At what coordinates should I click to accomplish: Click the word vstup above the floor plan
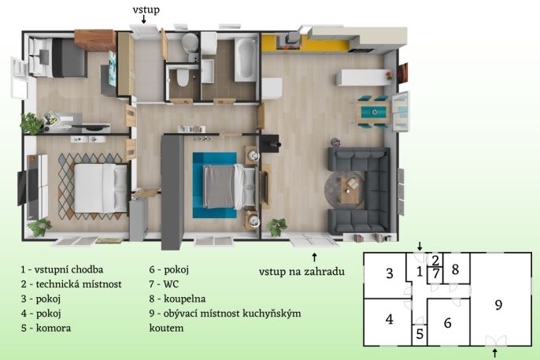pos(146,9)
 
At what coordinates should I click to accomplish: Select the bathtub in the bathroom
pos(246,59)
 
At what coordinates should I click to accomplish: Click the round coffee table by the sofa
pos(345,190)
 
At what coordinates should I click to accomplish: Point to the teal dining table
pos(374,112)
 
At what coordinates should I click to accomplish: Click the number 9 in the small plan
pos(498,305)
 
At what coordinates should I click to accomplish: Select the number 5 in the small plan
pos(420,334)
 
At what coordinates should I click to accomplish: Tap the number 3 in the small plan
pos(389,273)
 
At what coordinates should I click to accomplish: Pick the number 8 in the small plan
pos(455,269)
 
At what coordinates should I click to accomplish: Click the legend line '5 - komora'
pos(46,328)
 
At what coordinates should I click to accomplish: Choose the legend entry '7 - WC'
pos(164,284)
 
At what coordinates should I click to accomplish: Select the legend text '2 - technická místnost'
pos(72,284)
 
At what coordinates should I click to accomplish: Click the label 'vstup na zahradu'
pos(301,272)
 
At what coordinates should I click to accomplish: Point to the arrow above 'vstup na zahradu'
pos(314,258)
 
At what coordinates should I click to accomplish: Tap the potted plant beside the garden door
pos(276,227)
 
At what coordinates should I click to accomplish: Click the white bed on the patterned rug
pos(101,187)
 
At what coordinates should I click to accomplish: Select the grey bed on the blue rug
pos(230,187)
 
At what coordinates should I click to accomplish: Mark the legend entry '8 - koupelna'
pos(177,299)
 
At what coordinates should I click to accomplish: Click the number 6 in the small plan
pos(447,323)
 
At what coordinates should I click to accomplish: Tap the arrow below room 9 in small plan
pos(495,353)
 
